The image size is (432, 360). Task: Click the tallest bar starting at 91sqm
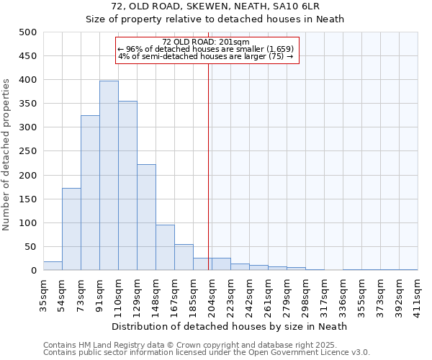point(109,176)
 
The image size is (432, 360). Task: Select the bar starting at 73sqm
point(90,193)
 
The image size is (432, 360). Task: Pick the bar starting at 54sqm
point(71,229)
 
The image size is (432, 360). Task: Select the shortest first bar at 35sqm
point(53,266)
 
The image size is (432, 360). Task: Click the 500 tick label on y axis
point(27,32)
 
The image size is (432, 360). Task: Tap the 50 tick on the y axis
point(30,247)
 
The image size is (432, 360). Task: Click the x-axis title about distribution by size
point(230,326)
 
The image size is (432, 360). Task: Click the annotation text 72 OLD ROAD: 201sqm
point(206,42)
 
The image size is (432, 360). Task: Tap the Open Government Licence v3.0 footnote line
point(207,353)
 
